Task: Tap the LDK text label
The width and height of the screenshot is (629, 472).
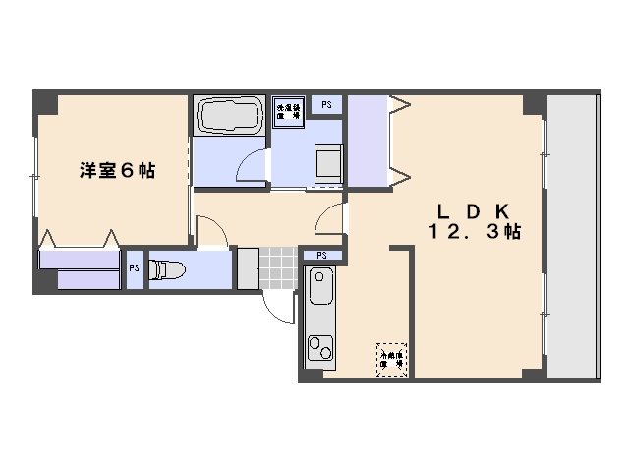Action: coord(473,211)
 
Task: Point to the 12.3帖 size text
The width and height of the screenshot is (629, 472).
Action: coord(473,233)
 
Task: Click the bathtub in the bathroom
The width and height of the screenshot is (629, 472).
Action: coord(228,116)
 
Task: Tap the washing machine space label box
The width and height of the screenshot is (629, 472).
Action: coord(288,110)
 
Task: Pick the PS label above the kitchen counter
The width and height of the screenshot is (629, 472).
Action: coord(321,256)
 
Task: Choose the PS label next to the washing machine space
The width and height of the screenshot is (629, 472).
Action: coord(326,101)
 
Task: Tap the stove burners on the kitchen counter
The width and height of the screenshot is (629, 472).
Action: coord(320,347)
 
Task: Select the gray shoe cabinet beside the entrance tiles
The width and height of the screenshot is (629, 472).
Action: coord(248,267)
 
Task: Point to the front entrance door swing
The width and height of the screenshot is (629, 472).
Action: coord(281,304)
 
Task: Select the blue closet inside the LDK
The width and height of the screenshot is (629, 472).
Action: coord(369,141)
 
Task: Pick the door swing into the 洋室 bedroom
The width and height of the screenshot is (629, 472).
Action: coord(212,234)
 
